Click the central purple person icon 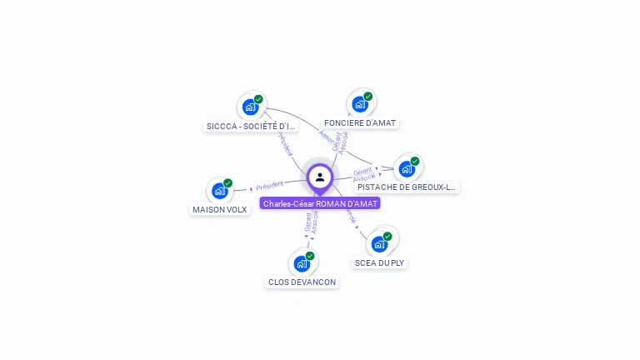320,177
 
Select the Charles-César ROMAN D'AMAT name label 320,203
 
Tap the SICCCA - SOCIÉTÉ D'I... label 251,126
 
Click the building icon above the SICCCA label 250,107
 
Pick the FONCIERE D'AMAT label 360,122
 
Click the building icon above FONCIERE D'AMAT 360,104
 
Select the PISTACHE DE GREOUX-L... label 407,187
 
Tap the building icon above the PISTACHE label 407,168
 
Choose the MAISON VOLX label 220,209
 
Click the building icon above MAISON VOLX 220,191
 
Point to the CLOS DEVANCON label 302,282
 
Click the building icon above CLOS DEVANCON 302,263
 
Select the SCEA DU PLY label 380,262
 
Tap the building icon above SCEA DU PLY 379,244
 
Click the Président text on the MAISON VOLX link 269,186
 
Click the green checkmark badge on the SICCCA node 258,99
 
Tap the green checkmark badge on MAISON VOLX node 227,183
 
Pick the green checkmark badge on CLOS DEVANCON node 310,256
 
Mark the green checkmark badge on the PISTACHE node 415,161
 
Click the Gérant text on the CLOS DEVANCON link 307,222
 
